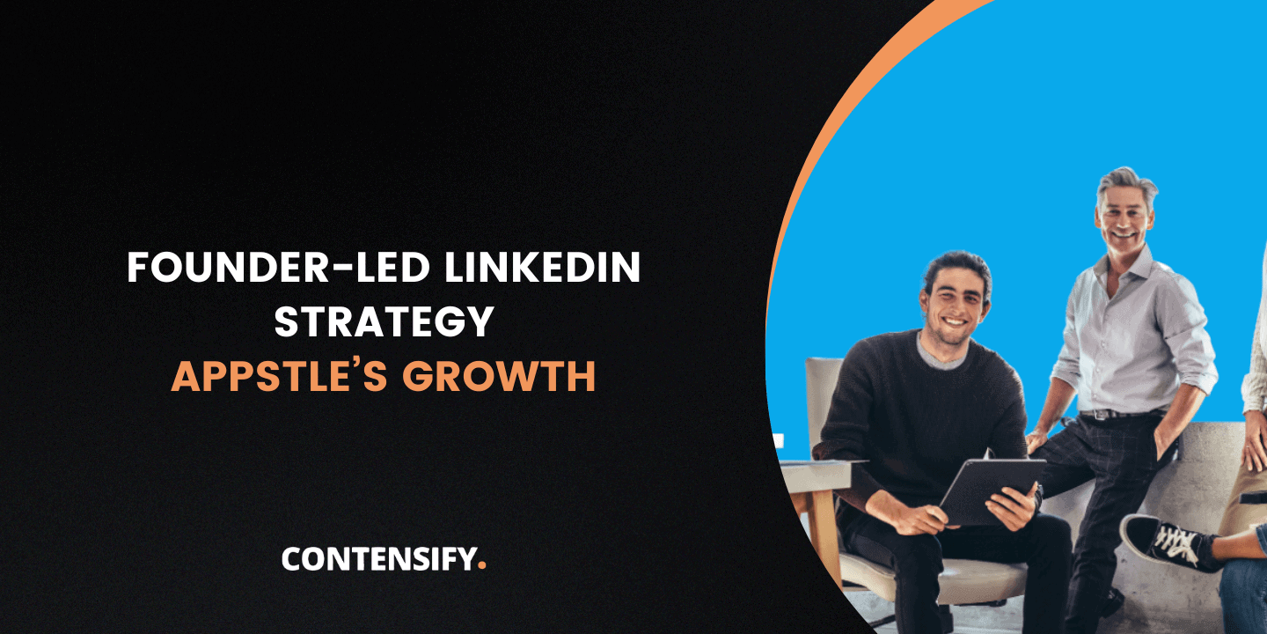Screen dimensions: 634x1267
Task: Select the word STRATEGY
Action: (x=384, y=322)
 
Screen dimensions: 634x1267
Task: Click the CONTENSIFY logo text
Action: (x=378, y=559)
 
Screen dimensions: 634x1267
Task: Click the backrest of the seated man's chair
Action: (x=823, y=396)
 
